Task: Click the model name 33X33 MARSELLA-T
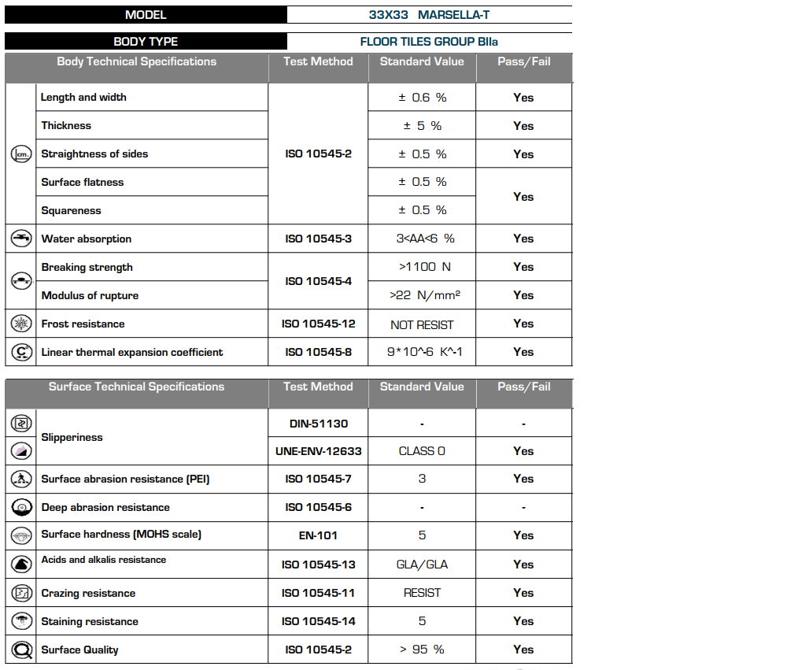click(x=430, y=15)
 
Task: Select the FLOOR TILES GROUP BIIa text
click(x=430, y=42)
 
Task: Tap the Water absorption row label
click(x=87, y=239)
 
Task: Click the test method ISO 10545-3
click(x=318, y=239)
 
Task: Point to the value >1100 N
click(x=422, y=267)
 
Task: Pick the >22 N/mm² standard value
click(x=422, y=295)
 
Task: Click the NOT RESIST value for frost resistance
click(x=422, y=324)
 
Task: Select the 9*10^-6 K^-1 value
click(x=422, y=352)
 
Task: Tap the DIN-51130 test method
click(x=318, y=424)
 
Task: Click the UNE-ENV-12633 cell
click(x=318, y=451)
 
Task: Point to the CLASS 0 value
click(x=422, y=451)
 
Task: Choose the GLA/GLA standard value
click(x=422, y=565)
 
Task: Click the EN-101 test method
click(x=318, y=535)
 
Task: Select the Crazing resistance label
click(x=88, y=593)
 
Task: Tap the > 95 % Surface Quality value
click(x=422, y=650)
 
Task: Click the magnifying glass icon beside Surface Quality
click(x=21, y=650)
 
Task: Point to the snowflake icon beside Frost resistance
click(x=21, y=324)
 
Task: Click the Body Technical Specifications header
click(x=136, y=61)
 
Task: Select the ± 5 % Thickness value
click(x=422, y=126)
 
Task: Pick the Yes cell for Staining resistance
click(x=523, y=621)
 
